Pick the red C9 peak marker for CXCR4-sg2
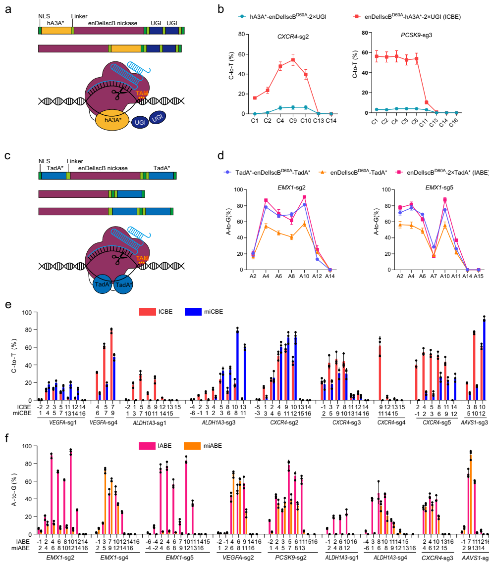click(293, 60)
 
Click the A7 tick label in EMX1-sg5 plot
click(434, 276)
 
